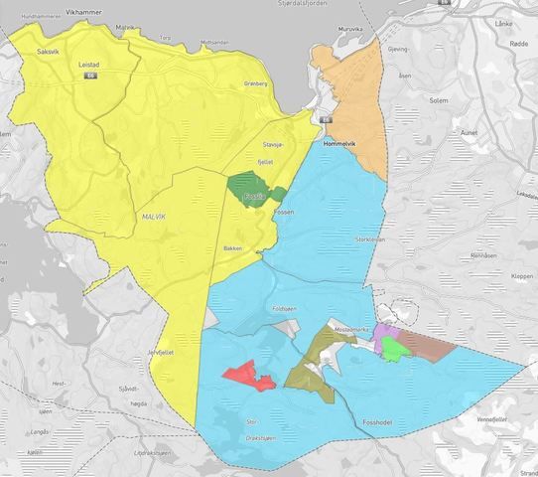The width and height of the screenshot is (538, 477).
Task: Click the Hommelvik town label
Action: tap(342, 143)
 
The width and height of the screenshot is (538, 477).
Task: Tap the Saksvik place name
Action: tap(49, 50)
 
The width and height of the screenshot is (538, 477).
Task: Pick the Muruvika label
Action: tap(350, 30)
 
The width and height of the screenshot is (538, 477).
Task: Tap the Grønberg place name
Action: tap(256, 83)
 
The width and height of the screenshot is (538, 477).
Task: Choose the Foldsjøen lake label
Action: tap(284, 308)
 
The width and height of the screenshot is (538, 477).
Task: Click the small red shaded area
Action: tap(248, 377)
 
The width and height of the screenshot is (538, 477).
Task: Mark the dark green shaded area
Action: tap(250, 187)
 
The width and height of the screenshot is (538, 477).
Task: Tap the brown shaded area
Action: tap(425, 345)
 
